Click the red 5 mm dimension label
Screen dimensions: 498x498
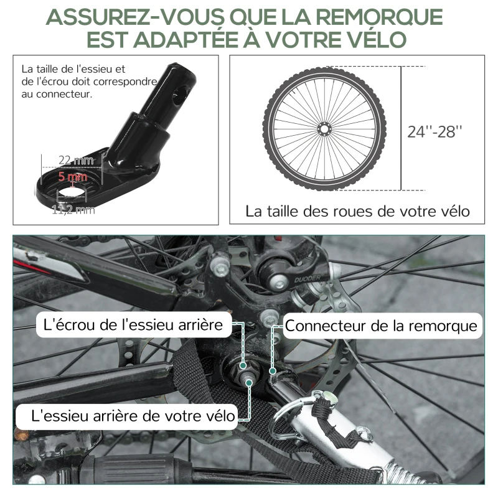click(72, 176)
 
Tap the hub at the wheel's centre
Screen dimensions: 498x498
click(324, 129)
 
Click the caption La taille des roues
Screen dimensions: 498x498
click(357, 211)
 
